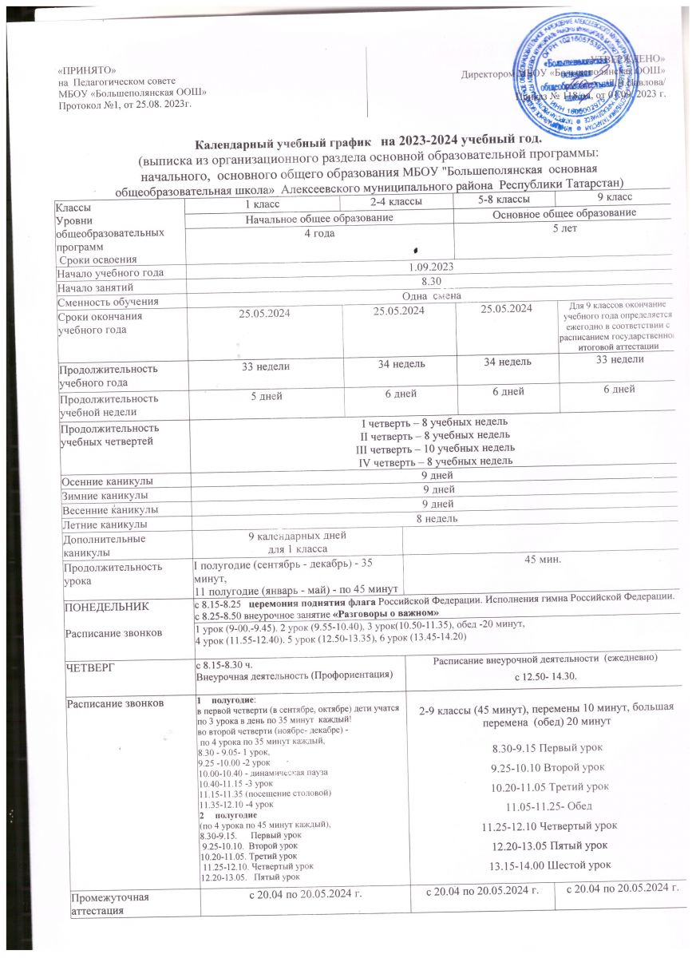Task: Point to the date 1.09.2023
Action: click(x=431, y=272)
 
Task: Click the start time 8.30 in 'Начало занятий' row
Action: click(x=431, y=287)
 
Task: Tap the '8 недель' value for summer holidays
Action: click(x=431, y=520)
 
